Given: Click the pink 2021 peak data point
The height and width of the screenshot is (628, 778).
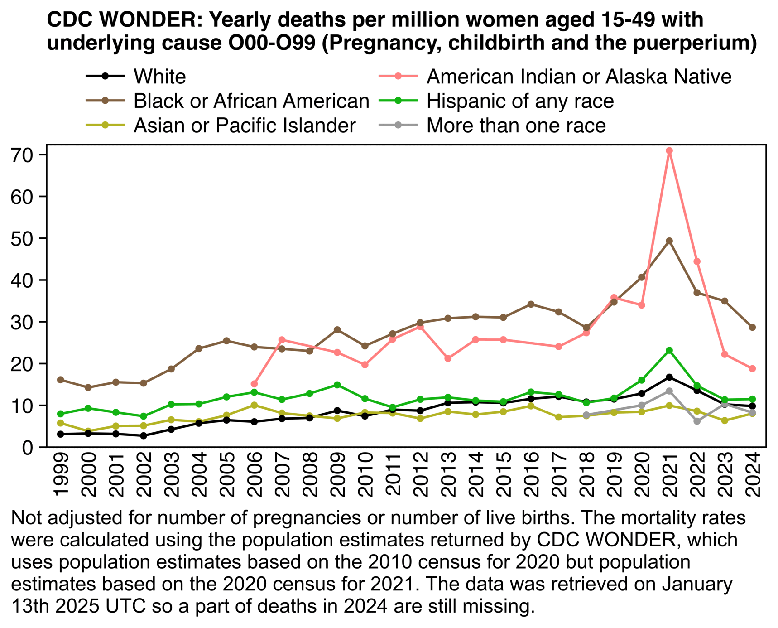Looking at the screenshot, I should [x=669, y=150].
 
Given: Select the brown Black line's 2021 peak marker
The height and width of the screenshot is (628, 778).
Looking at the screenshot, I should [x=669, y=241].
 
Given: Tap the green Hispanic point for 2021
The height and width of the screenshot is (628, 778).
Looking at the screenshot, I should [x=669, y=350].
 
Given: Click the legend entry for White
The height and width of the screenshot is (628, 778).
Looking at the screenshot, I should [x=159, y=77].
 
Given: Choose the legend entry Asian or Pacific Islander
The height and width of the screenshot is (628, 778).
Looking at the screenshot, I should [x=245, y=126].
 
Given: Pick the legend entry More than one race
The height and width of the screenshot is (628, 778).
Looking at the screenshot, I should [x=516, y=126].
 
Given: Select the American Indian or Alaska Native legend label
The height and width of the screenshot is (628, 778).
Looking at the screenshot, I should [x=579, y=77].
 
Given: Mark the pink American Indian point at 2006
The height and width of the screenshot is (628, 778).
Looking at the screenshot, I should [x=254, y=384].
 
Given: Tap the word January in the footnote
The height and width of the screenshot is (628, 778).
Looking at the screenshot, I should [x=696, y=584].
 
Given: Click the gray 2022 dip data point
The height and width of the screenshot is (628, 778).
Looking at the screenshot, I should [x=697, y=421].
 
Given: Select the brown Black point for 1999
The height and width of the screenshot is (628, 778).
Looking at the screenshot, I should [x=61, y=380].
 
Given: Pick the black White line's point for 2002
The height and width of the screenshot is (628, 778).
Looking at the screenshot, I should [x=144, y=436].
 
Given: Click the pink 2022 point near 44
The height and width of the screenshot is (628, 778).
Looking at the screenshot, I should [x=697, y=261].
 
